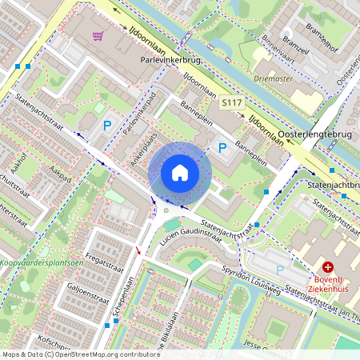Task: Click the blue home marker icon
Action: [x=180, y=172]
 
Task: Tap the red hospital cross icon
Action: [x=328, y=267]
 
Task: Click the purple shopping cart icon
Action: [x=98, y=35]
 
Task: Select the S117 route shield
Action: [x=231, y=103]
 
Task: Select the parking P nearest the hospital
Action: [x=279, y=270]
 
